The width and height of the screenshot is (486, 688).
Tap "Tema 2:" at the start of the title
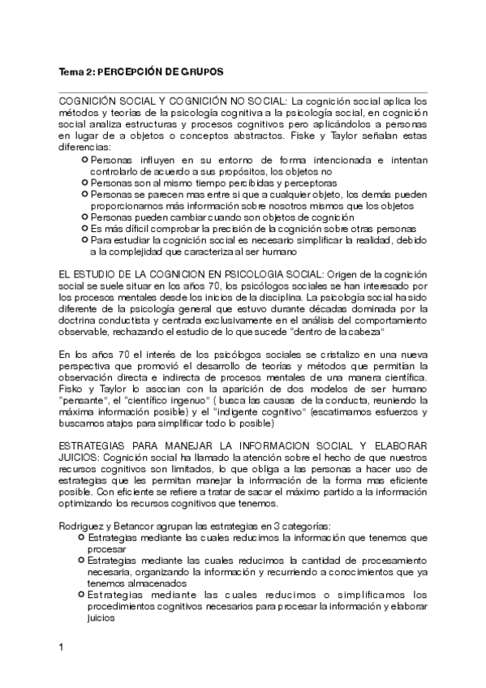coord(75,72)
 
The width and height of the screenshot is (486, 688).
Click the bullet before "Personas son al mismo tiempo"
coord(84,183)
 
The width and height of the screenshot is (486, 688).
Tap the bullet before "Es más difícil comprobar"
coord(84,229)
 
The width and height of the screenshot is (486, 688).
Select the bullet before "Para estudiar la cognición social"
coord(84,240)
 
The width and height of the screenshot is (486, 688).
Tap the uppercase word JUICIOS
coord(79,458)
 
